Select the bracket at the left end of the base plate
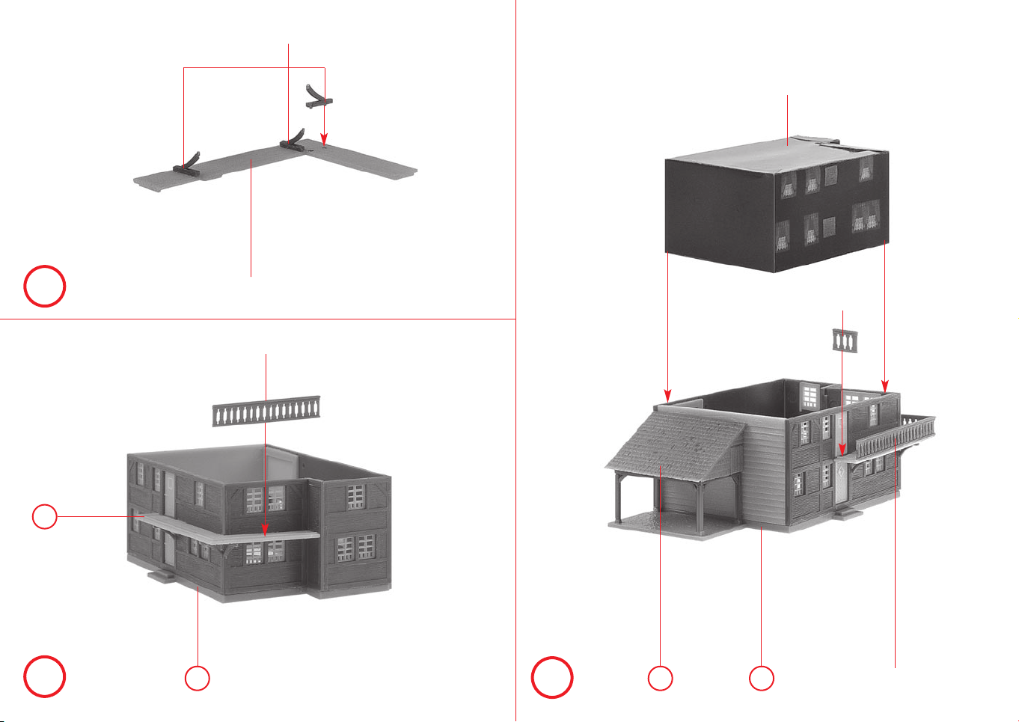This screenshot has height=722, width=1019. (x=187, y=163)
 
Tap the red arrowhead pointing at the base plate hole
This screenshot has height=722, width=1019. (x=325, y=139)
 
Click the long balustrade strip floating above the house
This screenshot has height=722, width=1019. (x=266, y=412)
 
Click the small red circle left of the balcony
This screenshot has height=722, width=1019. (x=45, y=516)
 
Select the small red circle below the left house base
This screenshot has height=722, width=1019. (x=198, y=678)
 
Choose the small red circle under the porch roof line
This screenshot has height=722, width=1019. (x=660, y=678)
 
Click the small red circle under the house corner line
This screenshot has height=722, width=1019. (x=762, y=678)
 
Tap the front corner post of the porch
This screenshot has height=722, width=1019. (x=619, y=498)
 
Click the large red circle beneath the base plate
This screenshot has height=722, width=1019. (x=45, y=286)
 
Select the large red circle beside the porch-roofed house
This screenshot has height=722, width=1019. (x=552, y=678)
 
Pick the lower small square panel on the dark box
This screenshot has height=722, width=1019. (x=829, y=225)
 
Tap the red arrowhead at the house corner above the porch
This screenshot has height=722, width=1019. (x=668, y=395)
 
